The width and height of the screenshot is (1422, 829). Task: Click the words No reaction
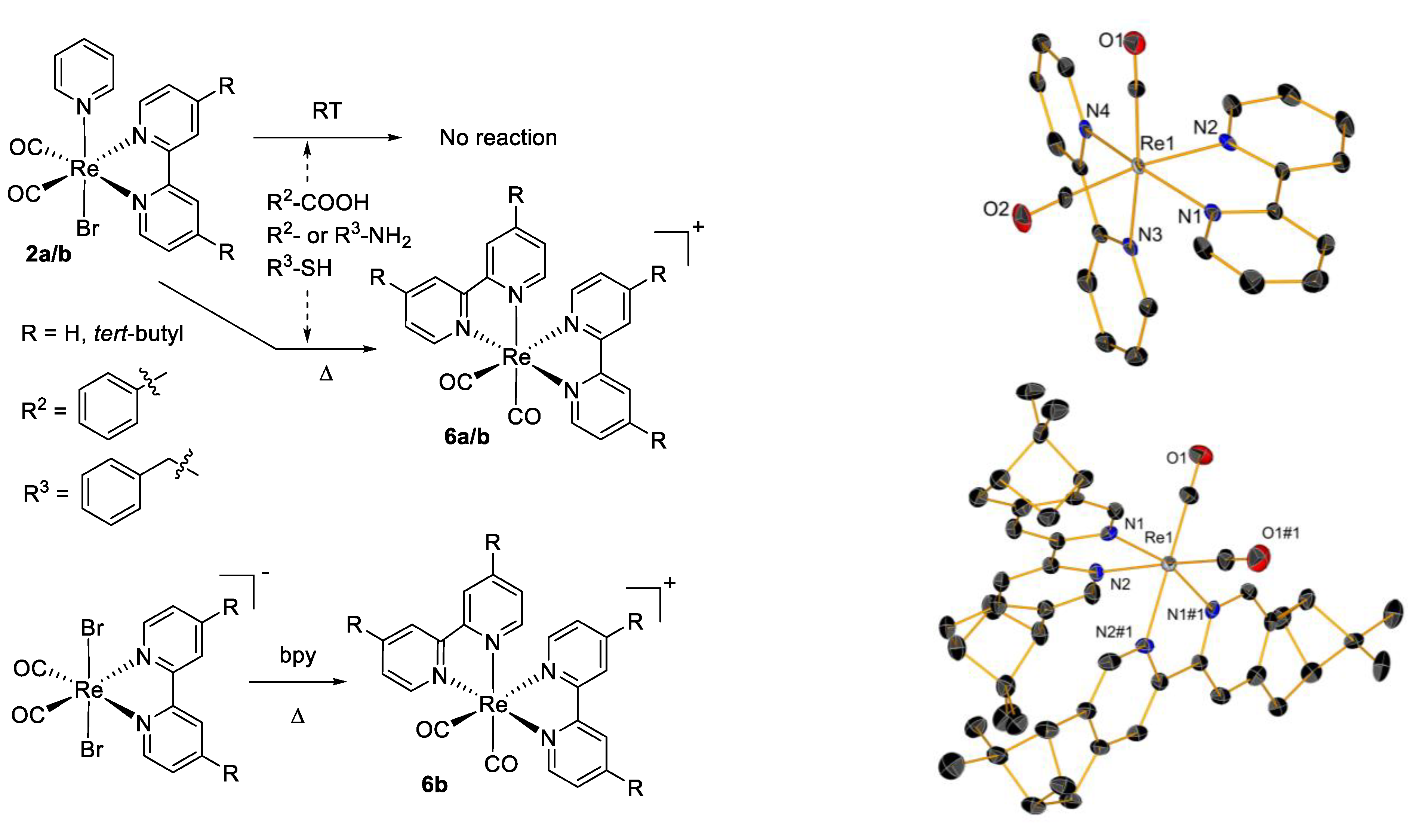pyautogui.click(x=498, y=138)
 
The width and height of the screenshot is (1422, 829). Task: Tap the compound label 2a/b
pyautogui.click(x=49, y=254)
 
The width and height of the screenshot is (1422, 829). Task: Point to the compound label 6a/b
pyautogui.click(x=467, y=437)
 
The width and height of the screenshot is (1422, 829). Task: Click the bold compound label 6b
pyautogui.click(x=434, y=784)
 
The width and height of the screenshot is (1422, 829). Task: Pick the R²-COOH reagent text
pyautogui.click(x=318, y=202)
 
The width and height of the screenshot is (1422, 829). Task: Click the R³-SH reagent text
pyautogui.click(x=299, y=268)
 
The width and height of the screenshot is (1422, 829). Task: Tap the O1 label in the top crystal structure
pyautogui.click(x=1111, y=41)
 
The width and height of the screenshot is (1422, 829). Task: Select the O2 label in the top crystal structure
pyautogui.click(x=995, y=209)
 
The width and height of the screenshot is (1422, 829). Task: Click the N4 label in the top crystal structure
pyautogui.click(x=1098, y=111)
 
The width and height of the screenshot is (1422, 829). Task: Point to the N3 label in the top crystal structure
pyautogui.click(x=1150, y=234)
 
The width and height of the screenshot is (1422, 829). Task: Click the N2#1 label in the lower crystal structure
pyautogui.click(x=1113, y=632)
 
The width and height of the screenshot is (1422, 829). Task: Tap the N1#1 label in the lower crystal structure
pyautogui.click(x=1185, y=614)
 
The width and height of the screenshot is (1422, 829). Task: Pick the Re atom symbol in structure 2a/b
pyautogui.click(x=84, y=169)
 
